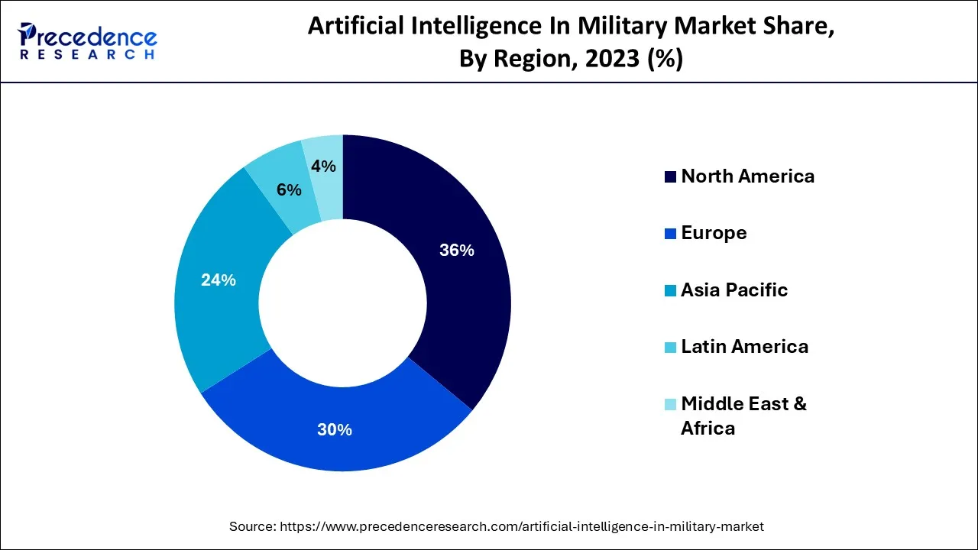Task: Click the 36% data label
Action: coord(457,250)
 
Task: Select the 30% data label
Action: coord(335,430)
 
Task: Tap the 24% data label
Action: coord(219,280)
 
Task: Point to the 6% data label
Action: coord(289,190)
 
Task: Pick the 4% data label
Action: coord(323,166)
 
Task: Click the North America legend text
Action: coord(747,176)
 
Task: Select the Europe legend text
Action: coord(714,233)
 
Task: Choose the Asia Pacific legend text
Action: coord(733,290)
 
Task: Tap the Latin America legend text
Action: coord(744,347)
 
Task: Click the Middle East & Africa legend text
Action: coord(743,416)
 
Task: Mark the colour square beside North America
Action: coord(670,177)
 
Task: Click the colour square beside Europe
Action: coord(670,234)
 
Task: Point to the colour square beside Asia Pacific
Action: coord(670,291)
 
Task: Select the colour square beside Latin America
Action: coord(670,348)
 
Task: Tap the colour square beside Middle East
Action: coord(670,404)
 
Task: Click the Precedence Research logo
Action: coord(88,40)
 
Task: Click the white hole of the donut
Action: coord(343,303)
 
